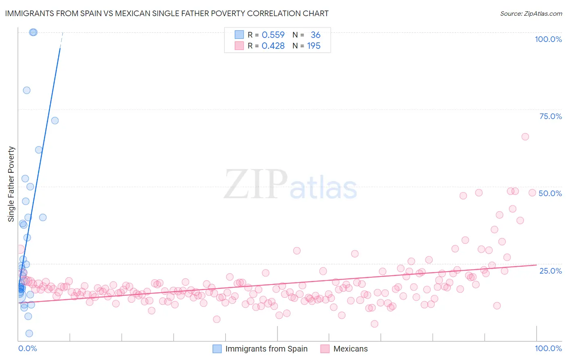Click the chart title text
[167, 13]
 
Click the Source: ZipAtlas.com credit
[531, 13]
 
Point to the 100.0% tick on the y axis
[548, 39]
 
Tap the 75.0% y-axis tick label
[550, 116]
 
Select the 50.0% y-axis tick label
[550, 193]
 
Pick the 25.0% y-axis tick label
[550, 271]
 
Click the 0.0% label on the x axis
[27, 348]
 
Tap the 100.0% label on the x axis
[548, 348]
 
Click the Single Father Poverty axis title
[11, 184]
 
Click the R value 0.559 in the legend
[273, 35]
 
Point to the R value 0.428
[273, 46]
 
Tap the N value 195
[314, 46]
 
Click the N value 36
[315, 35]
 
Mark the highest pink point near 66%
[525, 137]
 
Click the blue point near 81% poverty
[27, 90]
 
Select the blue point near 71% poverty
[55, 121]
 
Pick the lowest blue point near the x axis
[29, 333]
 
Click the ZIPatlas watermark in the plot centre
[290, 184]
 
